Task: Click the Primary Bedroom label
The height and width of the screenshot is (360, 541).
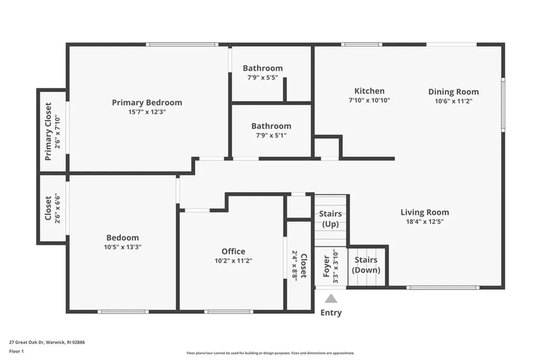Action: pos(147,103)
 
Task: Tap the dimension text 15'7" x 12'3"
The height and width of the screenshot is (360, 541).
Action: pos(147,112)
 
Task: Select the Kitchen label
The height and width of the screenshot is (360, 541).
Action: pos(369,91)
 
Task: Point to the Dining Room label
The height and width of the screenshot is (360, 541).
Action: pos(453,91)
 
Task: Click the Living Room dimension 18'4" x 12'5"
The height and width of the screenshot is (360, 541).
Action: pos(425,222)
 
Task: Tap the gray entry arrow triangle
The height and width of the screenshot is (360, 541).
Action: pos(331,299)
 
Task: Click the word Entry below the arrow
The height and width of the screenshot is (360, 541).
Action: pos(331,312)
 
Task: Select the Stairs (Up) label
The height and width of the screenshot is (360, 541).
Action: pos(330,219)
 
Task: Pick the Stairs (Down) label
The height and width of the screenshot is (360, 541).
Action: pos(366,265)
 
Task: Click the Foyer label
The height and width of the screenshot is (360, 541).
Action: pos(326,267)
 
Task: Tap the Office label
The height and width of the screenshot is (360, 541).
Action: pos(233,251)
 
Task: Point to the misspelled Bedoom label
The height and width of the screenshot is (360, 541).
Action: pos(123,238)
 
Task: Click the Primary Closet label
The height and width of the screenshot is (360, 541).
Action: pos(48,131)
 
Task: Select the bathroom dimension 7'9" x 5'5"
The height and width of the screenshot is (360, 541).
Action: pos(263,77)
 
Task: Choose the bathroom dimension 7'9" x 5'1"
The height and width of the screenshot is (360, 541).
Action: pos(271,135)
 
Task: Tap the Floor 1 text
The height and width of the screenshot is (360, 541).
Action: pos(17,351)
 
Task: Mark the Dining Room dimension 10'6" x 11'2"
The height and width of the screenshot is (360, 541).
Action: pos(453,100)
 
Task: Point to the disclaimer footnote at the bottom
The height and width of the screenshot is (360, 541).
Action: pos(270,353)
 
